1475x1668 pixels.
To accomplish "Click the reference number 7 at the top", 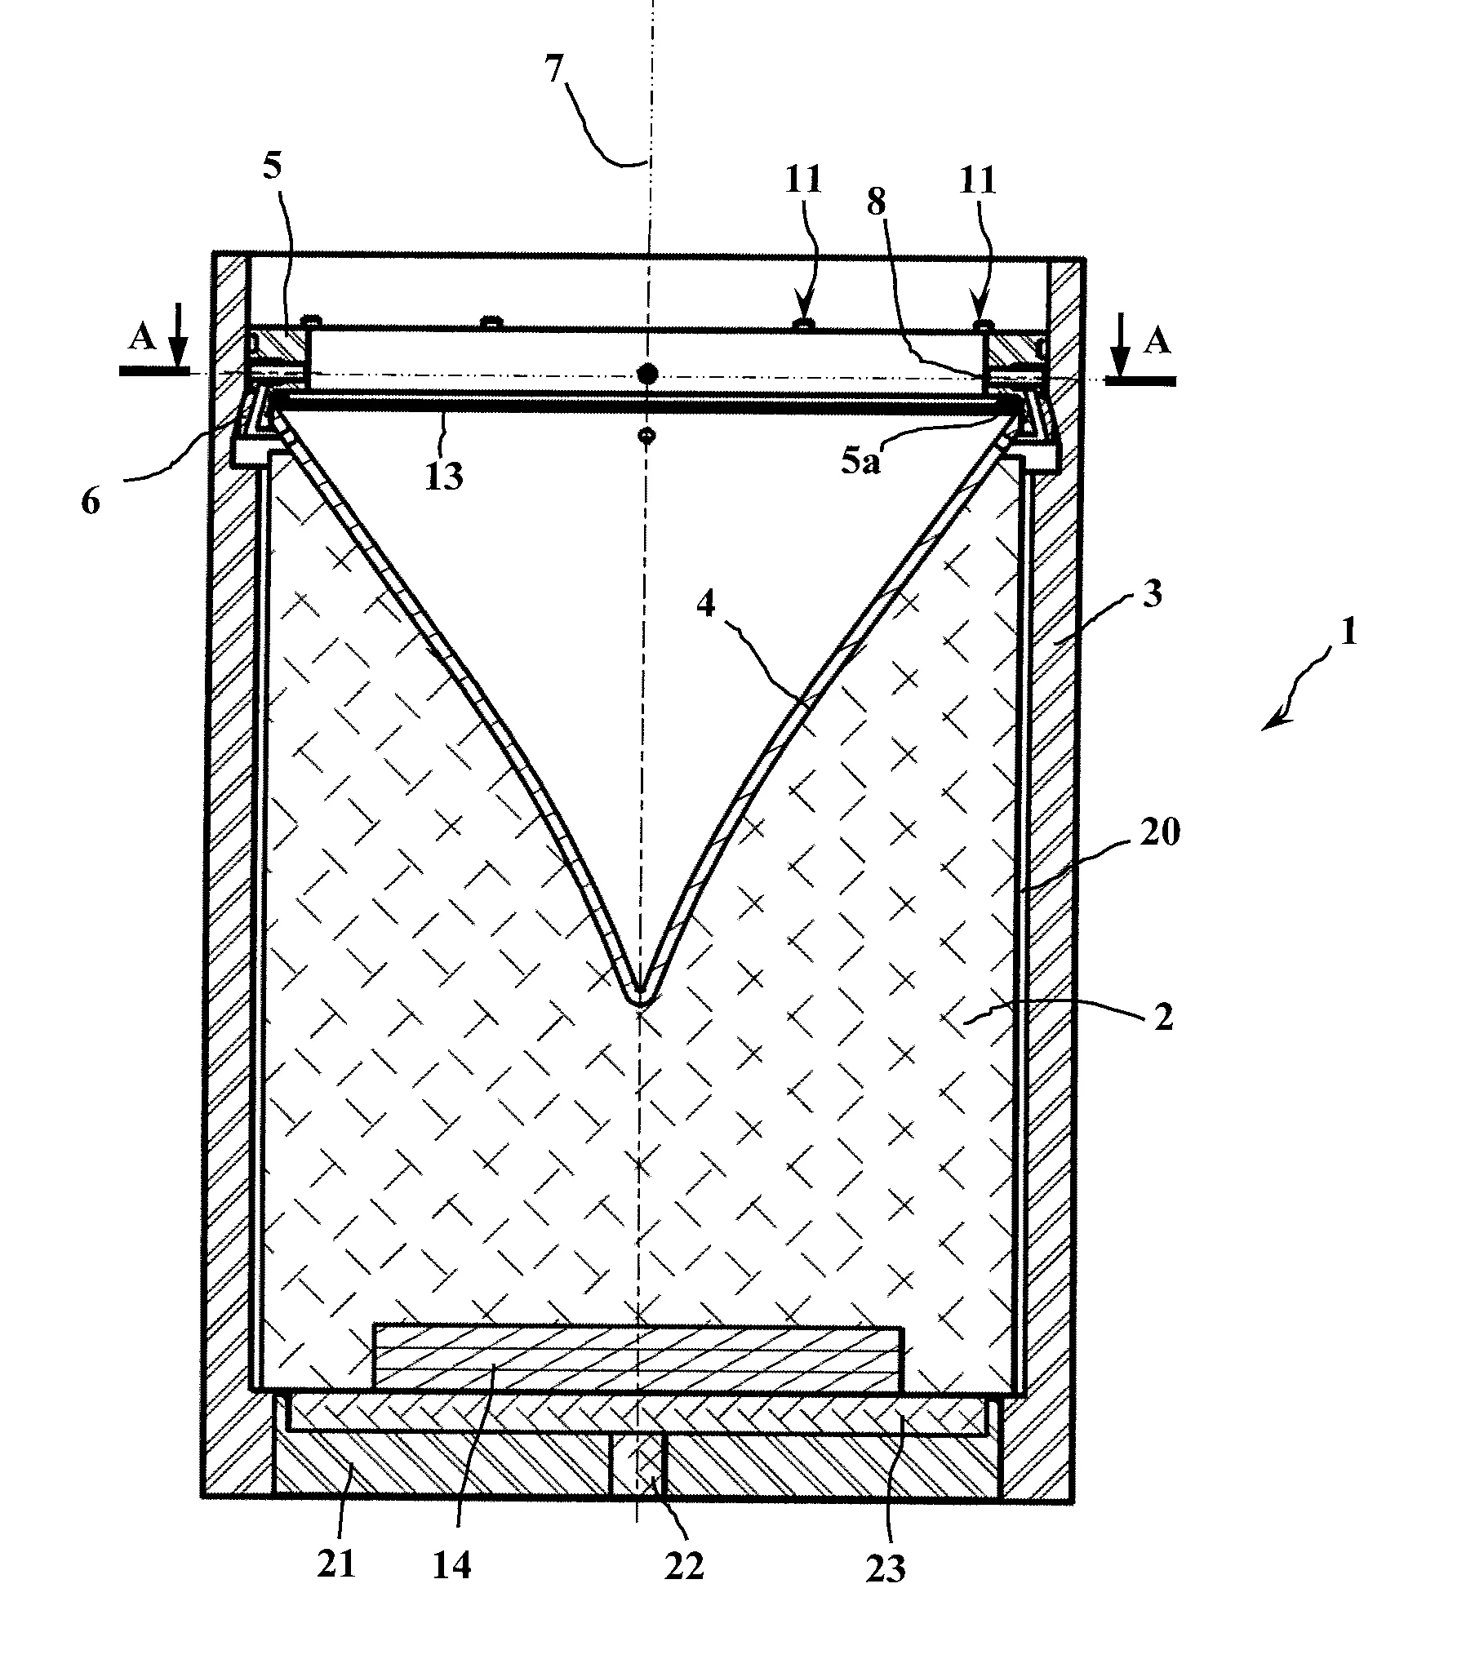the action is pyautogui.click(x=555, y=71).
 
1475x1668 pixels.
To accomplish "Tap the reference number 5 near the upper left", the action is pyautogui.click(x=273, y=166).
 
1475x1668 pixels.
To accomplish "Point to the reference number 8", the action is pyautogui.click(x=876, y=204).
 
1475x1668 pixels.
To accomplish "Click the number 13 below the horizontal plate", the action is pyautogui.click(x=444, y=474).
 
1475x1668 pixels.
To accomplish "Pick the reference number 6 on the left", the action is pyautogui.click(x=91, y=501).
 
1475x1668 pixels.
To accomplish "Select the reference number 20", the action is pyautogui.click(x=1160, y=833).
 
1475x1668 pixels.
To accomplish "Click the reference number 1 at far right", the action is pyautogui.click(x=1349, y=632).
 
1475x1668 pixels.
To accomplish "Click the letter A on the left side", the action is pyautogui.click(x=142, y=339).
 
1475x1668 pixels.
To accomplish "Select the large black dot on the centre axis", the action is pyautogui.click(x=647, y=374).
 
